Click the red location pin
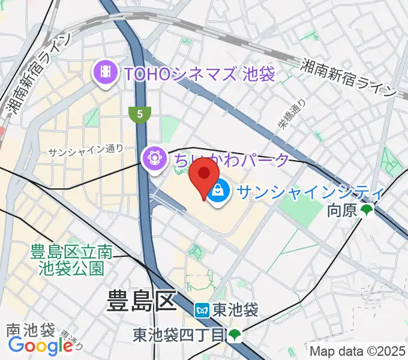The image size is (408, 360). (x=203, y=175)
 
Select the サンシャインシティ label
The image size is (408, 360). (x=310, y=192)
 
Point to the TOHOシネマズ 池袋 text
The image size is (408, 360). (x=198, y=74)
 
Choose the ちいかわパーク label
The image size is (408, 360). (x=231, y=160)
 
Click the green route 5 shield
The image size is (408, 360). (x=139, y=113)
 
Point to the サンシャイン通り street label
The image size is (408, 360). (x=85, y=150)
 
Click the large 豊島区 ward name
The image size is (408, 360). (x=142, y=300)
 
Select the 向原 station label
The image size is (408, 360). (x=343, y=211)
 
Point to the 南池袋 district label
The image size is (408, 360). (x=31, y=330)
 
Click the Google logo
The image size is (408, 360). (x=40, y=346)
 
